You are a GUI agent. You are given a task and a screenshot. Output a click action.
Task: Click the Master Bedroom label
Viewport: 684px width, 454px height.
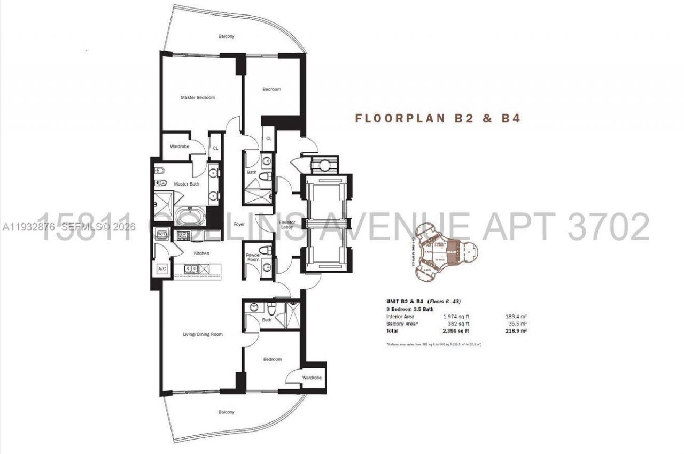198,98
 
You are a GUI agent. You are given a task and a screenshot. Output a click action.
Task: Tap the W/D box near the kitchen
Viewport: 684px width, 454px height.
161,233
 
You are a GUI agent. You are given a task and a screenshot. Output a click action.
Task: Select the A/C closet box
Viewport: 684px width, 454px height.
161,270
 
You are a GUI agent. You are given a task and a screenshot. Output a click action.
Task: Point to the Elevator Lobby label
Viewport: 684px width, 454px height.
287,225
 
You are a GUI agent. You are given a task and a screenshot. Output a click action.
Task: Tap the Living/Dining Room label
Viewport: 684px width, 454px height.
203,334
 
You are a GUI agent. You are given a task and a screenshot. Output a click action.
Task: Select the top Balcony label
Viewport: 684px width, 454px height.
226,36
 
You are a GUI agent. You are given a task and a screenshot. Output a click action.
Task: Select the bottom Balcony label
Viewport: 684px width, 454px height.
226,412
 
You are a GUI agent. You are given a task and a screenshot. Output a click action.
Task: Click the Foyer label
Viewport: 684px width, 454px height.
239,225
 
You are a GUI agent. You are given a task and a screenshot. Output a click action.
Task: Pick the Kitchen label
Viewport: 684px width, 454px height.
201,253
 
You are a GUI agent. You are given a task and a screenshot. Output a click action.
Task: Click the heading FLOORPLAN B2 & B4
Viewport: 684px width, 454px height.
438,118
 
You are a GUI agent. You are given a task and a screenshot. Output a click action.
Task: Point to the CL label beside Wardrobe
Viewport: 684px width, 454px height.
215,148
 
